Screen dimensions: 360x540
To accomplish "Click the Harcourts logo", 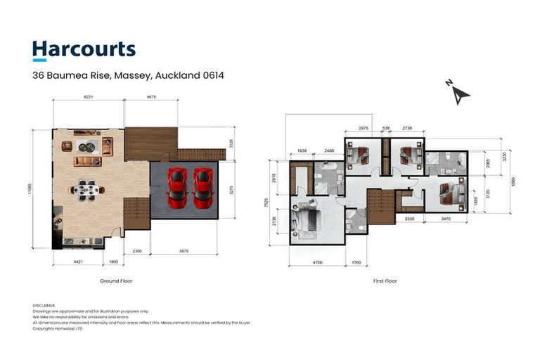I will click(84, 50).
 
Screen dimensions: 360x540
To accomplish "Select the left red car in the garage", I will click(176, 187).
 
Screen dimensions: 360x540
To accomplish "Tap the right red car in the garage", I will click(202, 187).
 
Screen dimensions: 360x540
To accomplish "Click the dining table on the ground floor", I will click(88, 188).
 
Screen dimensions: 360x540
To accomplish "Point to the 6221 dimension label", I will click(88, 98).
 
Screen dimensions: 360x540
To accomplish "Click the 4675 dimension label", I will click(150, 98).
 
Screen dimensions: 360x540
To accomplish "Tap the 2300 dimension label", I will click(136, 251).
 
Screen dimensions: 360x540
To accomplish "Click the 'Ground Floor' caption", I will click(117, 281).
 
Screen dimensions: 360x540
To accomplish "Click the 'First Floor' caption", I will click(385, 281).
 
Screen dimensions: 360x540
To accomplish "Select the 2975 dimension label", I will click(363, 128).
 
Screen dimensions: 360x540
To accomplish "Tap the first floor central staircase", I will click(380, 206).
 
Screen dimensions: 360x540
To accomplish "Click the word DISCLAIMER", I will click(44, 305).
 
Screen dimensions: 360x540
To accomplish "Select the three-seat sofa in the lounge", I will click(87, 162).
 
